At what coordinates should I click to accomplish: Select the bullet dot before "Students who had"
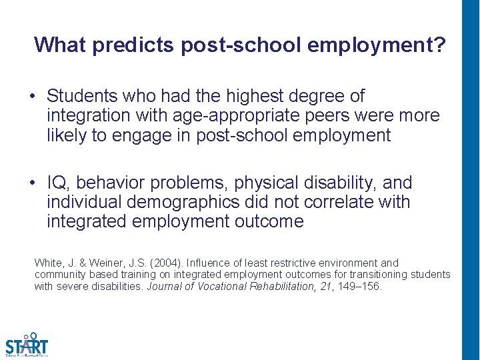coord(32,97)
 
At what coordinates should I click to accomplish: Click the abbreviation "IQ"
coord(57,183)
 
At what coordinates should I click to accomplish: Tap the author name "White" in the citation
coord(48,263)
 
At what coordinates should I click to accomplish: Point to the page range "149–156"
coord(360,286)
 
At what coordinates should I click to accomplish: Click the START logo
coord(27,345)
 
